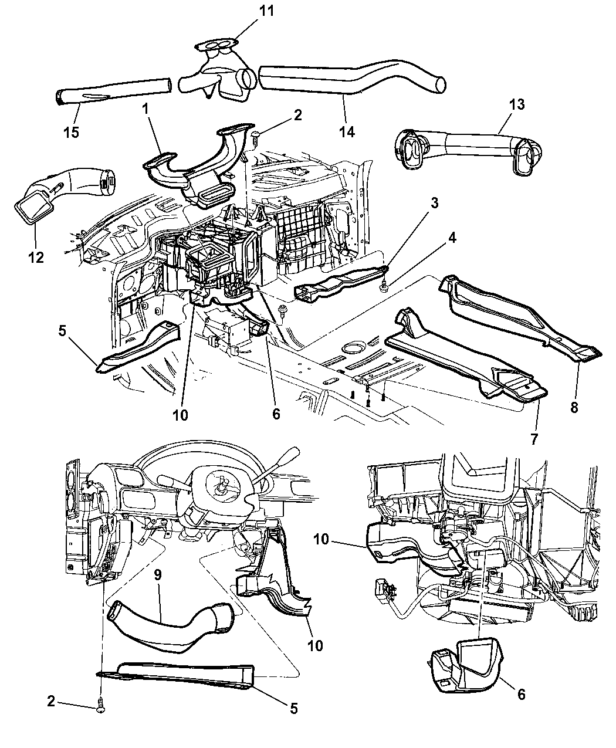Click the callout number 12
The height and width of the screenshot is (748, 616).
pos(36,256)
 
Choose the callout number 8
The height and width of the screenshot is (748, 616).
pos(573,406)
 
